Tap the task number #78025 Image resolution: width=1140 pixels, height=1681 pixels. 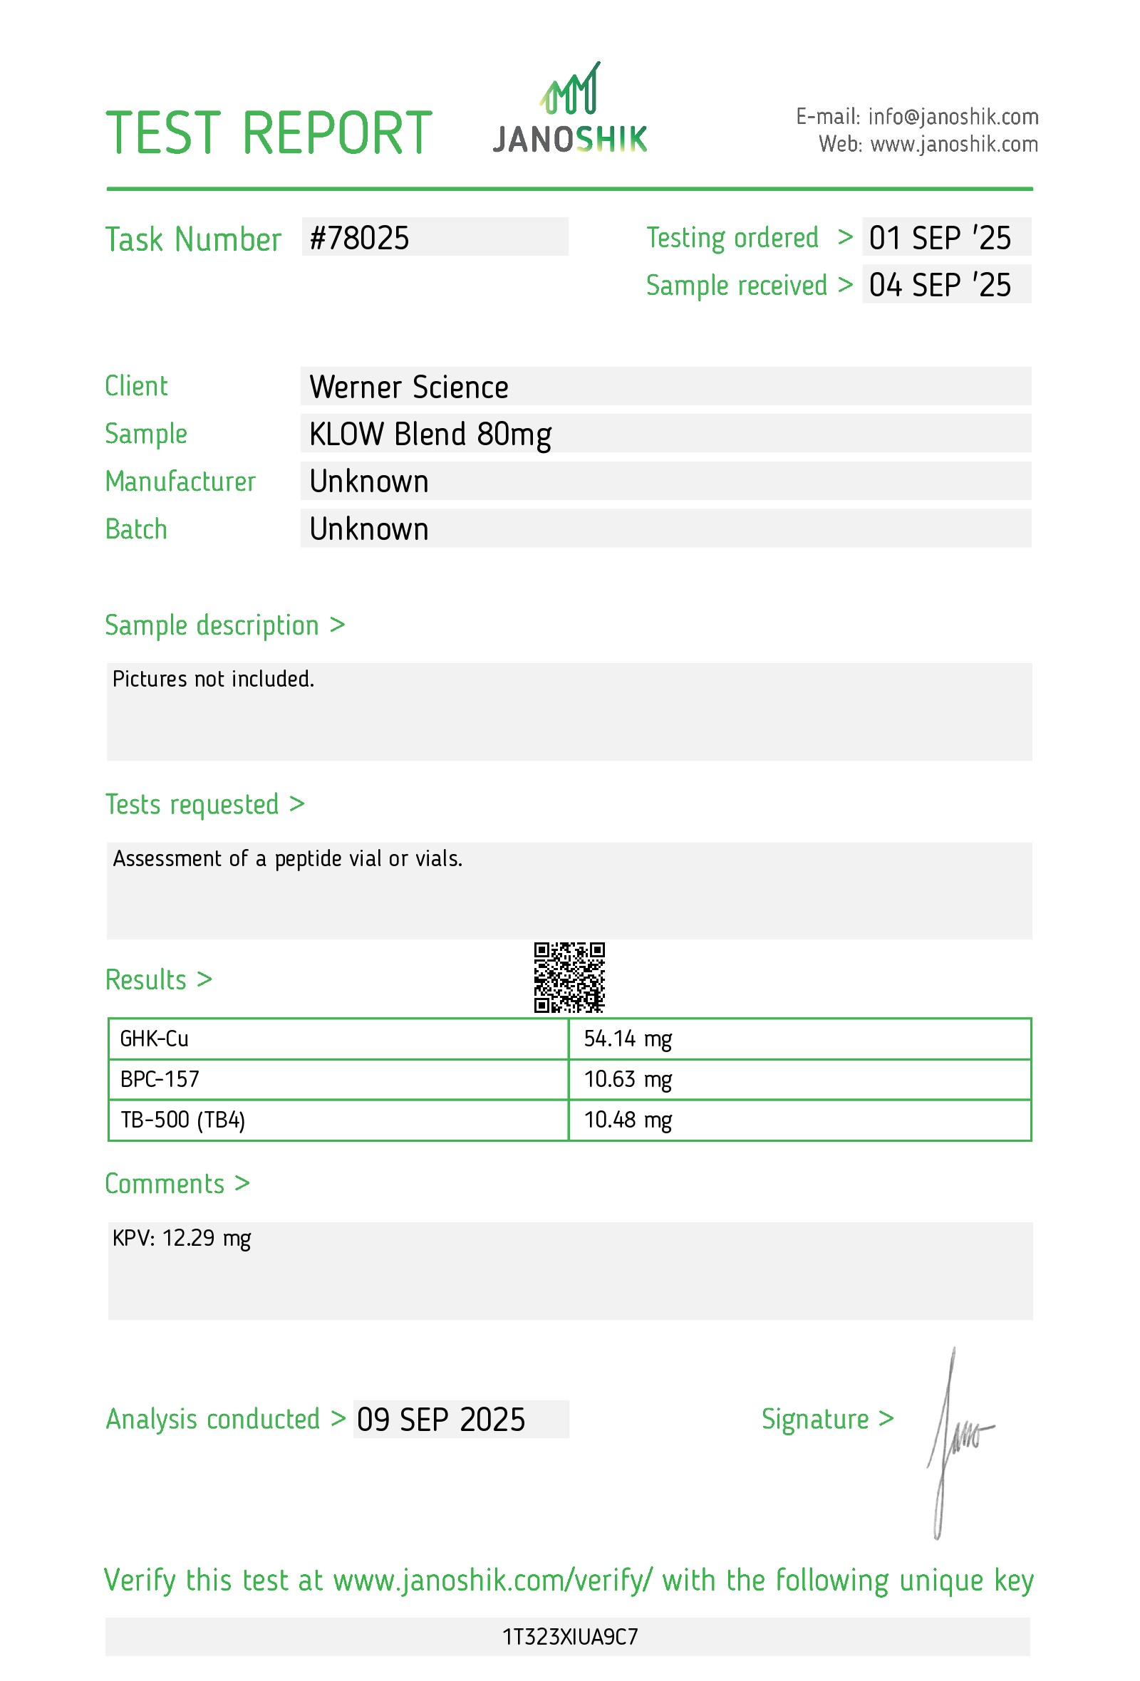pyautogui.click(x=360, y=238)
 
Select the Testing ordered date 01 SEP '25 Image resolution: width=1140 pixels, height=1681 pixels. pyautogui.click(x=940, y=238)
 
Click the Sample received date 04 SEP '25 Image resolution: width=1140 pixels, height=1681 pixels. pyautogui.click(x=940, y=285)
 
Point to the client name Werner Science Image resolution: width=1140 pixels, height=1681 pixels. pyautogui.click(x=409, y=387)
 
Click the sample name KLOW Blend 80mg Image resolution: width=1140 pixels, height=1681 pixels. pyautogui.click(x=430, y=434)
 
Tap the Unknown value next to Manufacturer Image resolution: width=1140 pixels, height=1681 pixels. pyautogui.click(x=369, y=482)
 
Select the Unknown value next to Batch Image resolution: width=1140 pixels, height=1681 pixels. pyautogui.click(x=369, y=529)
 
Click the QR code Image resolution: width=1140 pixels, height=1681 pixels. pyautogui.click(x=569, y=977)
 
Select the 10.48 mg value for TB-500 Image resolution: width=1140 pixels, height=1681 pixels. pyautogui.click(x=628, y=1120)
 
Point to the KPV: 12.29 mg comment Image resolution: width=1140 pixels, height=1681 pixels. pyautogui.click(x=182, y=1239)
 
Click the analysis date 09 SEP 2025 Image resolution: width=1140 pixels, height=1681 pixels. pyautogui.click(x=440, y=1420)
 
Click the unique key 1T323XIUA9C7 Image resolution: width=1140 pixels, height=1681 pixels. pyautogui.click(x=570, y=1637)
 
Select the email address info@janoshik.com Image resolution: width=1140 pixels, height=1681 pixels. pyautogui.click(x=953, y=116)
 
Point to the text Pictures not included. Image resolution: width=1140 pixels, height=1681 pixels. pyautogui.click(x=213, y=680)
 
